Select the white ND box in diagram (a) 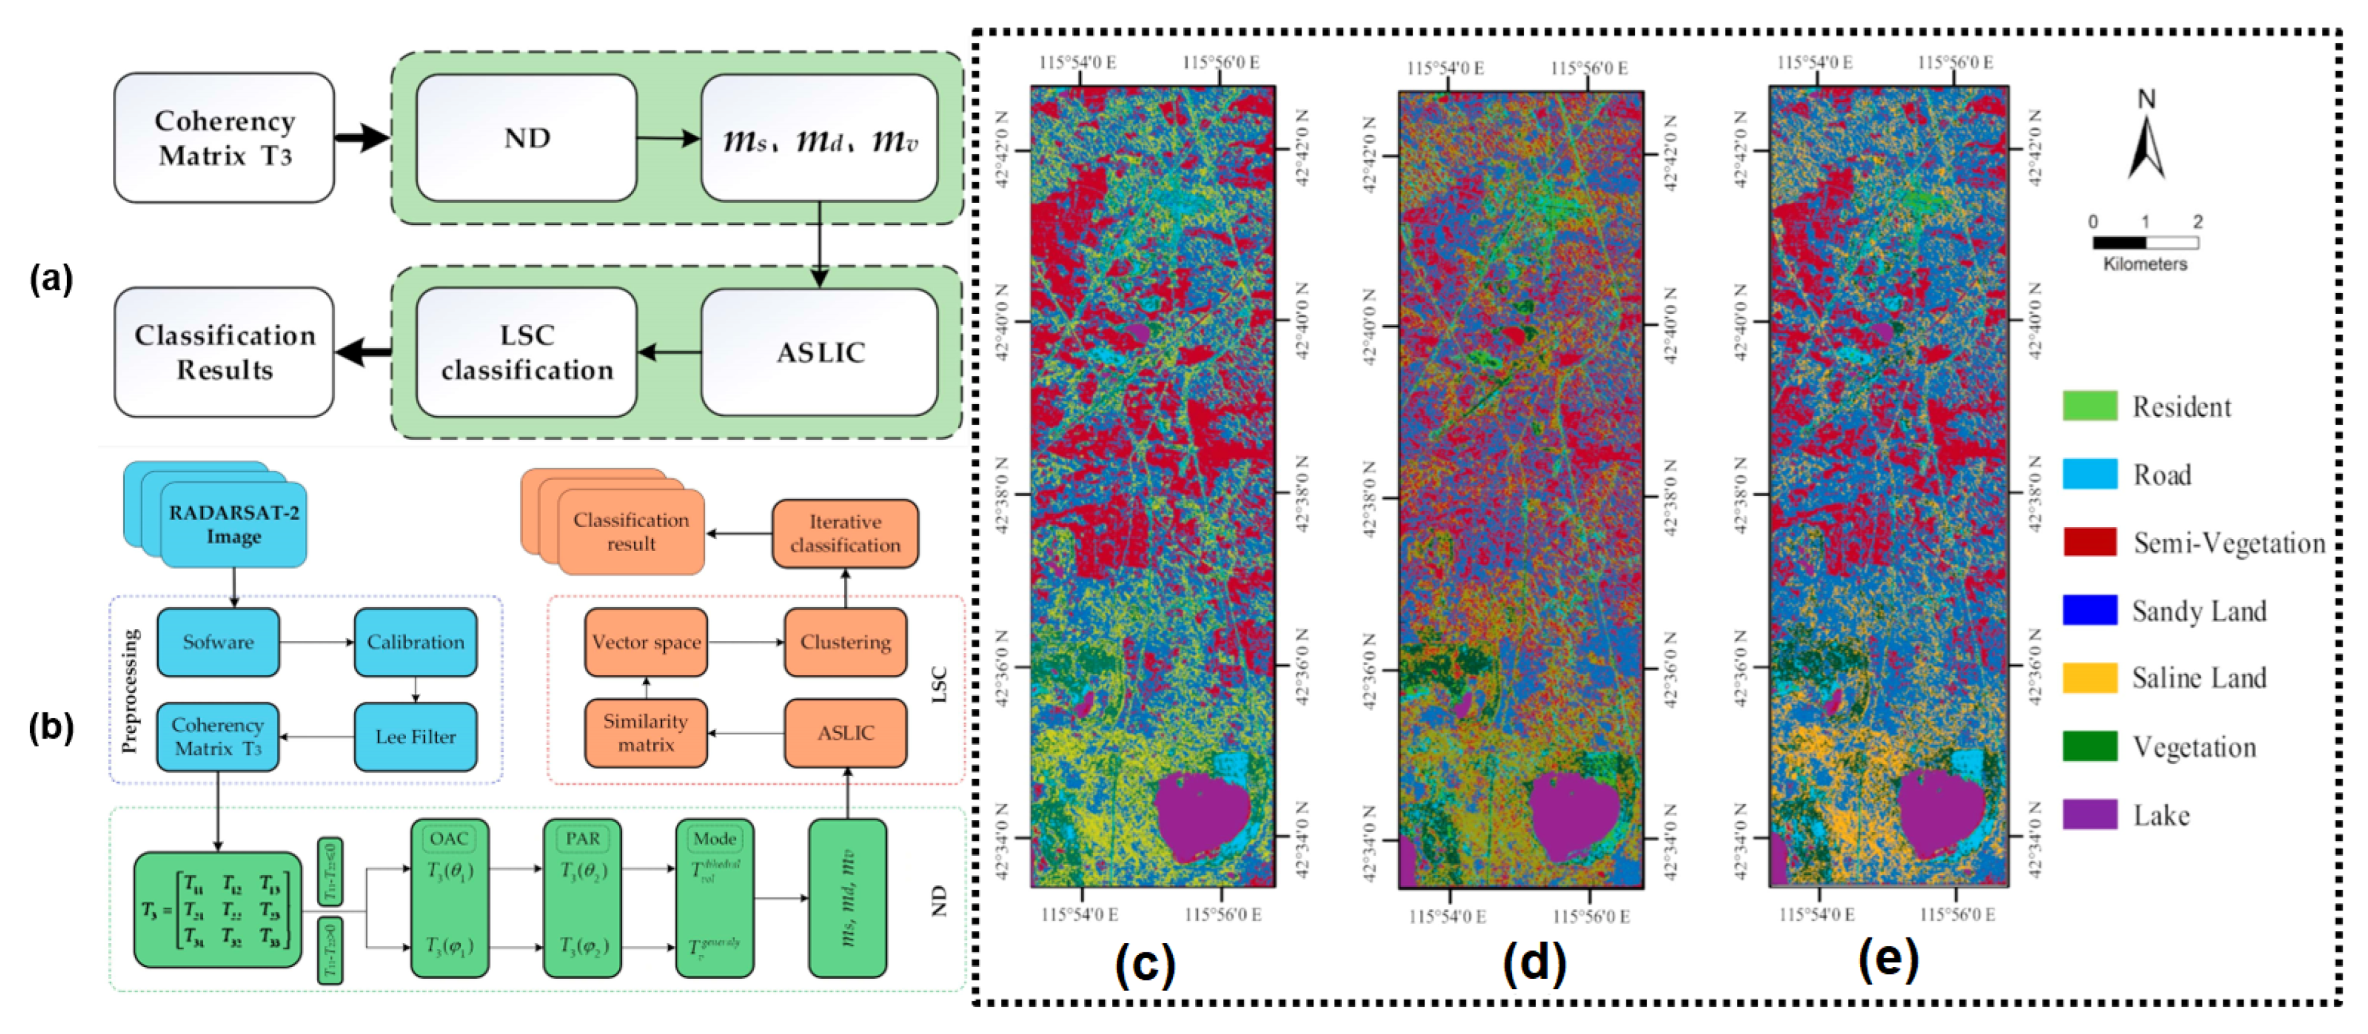click(526, 138)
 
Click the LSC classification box click(526, 352)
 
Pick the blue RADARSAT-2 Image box click(233, 524)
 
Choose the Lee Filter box click(416, 736)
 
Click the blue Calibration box click(416, 642)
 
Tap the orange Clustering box click(845, 642)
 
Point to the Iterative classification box click(845, 533)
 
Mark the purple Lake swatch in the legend click(2090, 814)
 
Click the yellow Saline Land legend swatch click(2090, 677)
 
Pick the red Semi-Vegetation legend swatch click(2090, 543)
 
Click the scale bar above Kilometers click(2145, 243)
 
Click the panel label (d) click(1534, 962)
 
